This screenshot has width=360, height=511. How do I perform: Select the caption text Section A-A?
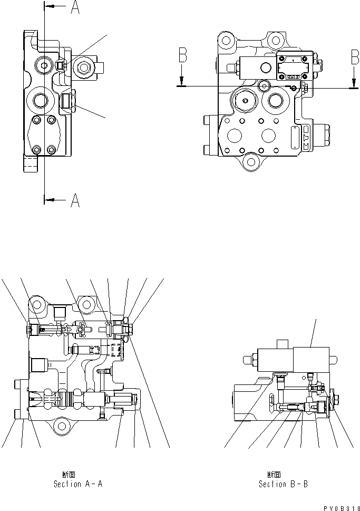[74, 484]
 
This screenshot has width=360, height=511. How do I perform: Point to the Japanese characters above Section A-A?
[68, 474]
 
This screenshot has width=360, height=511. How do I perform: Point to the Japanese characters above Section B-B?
[274, 474]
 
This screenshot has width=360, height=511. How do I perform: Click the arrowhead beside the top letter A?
[50, 6]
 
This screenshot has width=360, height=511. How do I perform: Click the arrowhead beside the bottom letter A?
[50, 199]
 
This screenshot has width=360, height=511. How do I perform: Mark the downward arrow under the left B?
[181, 79]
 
